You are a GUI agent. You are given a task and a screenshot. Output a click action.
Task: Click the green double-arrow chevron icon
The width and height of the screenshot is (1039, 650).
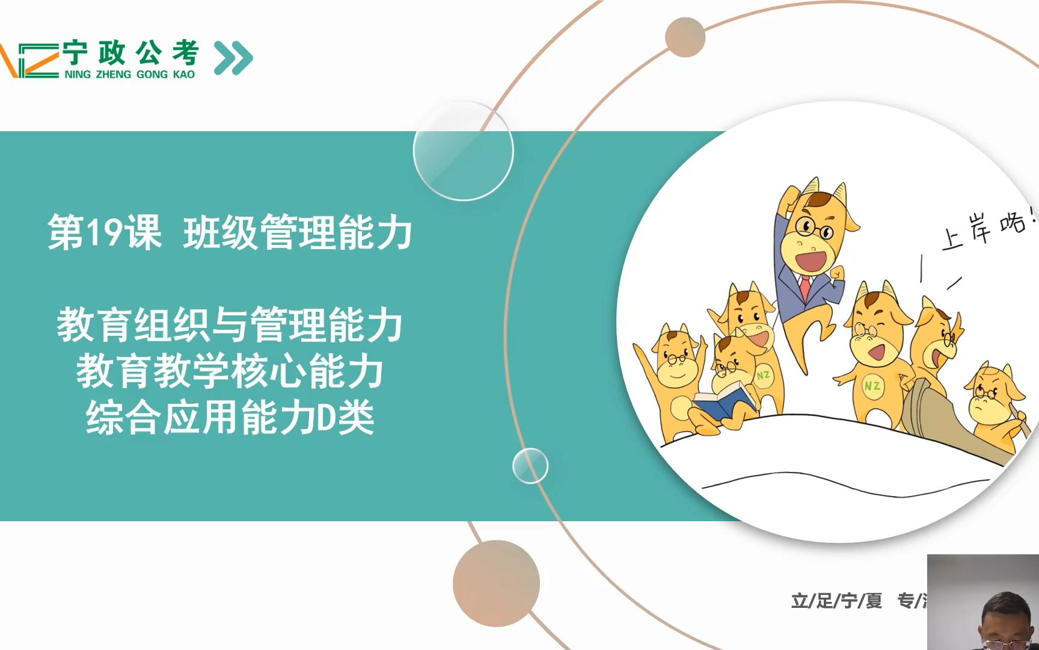point(233,58)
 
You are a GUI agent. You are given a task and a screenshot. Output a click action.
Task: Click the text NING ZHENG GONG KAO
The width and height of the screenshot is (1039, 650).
point(129,75)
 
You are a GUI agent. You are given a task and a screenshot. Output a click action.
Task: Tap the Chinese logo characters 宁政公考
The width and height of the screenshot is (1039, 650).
point(130,53)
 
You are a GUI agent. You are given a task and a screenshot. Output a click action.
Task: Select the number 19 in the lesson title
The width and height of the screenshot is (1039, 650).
point(105,232)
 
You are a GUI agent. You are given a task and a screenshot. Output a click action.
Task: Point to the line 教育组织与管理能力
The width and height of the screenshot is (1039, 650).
point(229,325)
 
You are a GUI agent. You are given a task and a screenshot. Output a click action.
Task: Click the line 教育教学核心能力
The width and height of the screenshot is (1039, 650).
point(229,371)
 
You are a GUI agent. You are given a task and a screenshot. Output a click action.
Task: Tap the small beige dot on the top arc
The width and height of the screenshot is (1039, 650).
point(685,37)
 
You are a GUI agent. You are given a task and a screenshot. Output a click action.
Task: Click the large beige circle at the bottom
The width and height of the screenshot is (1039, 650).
point(496,583)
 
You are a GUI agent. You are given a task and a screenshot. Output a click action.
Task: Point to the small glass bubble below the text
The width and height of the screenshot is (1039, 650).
point(530,466)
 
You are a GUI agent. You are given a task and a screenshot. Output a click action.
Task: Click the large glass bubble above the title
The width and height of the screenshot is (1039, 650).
point(463,150)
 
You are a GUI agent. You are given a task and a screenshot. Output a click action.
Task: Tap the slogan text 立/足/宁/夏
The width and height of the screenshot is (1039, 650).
point(836,601)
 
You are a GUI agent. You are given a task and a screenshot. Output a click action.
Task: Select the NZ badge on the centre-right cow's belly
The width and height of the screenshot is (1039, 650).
point(872,386)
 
